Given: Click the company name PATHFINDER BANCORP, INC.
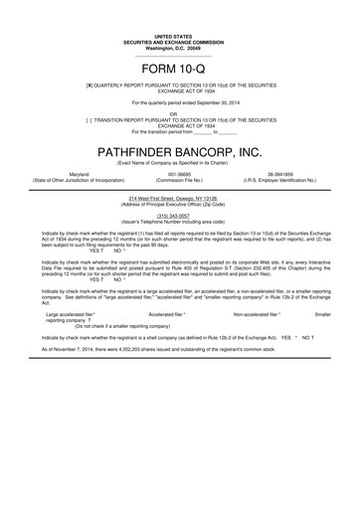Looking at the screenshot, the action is [x=180, y=151].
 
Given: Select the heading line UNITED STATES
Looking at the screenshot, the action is [x=180, y=35].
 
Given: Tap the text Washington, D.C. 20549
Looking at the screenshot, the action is [x=180, y=47].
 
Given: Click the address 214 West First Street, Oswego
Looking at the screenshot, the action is [x=180, y=197].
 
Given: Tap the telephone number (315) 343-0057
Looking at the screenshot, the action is [x=180, y=215].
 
